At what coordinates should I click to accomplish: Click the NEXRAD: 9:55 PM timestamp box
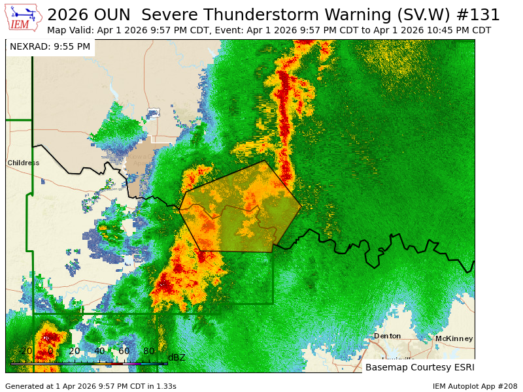[x=50, y=46]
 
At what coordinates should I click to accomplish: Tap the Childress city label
[x=24, y=163]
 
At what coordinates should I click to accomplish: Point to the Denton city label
[x=387, y=336]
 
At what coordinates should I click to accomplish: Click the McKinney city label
[x=454, y=338]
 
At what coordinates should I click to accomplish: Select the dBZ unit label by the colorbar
[x=177, y=357]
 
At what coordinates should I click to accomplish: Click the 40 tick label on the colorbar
[x=99, y=351]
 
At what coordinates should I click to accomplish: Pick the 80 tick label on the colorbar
[x=148, y=351]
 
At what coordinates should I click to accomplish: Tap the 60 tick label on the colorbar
[x=124, y=351]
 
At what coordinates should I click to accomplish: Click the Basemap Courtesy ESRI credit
[x=420, y=367]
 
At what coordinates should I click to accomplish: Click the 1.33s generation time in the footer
[x=163, y=386]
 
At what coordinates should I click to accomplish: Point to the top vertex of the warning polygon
[x=265, y=161]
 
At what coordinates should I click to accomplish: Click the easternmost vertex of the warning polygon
[x=301, y=207]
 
